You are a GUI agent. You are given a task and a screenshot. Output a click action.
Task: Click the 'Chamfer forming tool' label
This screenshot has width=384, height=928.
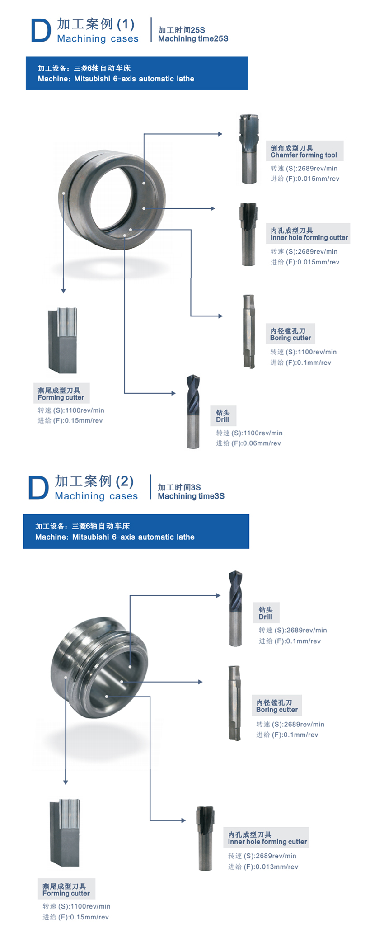[x=304, y=155]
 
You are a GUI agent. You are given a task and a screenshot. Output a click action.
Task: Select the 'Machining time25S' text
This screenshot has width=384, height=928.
[x=193, y=39]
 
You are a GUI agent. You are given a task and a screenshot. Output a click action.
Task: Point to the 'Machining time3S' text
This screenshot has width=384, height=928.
[x=191, y=496]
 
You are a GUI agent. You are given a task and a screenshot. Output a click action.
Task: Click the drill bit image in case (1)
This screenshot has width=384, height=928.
[x=193, y=411]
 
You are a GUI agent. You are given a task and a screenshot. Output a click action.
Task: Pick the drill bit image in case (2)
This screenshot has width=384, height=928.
[x=235, y=608]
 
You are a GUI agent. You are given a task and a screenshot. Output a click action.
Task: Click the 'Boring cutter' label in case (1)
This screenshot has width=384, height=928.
[x=290, y=338]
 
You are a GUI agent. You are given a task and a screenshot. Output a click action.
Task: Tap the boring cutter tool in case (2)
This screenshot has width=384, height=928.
[x=234, y=703]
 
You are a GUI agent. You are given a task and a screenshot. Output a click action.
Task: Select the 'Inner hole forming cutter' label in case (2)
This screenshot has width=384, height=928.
[x=267, y=842]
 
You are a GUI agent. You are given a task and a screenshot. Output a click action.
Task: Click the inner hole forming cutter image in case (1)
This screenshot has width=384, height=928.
[x=248, y=234]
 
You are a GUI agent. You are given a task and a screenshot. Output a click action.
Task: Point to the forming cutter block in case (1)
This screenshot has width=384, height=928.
[x=63, y=340]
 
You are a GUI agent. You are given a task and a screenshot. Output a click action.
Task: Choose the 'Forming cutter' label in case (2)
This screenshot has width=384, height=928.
[x=66, y=893]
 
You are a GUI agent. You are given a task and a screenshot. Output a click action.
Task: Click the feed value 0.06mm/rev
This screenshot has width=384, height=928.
[x=262, y=443]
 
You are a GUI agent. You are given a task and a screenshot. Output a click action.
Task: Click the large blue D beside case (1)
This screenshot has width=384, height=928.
[x=41, y=31]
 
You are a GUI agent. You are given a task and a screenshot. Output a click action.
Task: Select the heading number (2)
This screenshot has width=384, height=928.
[x=124, y=481]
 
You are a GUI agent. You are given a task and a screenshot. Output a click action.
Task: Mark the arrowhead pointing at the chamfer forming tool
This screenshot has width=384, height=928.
[x=220, y=134]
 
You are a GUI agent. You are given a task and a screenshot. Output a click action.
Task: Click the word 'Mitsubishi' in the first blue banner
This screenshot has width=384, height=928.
[x=92, y=79]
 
